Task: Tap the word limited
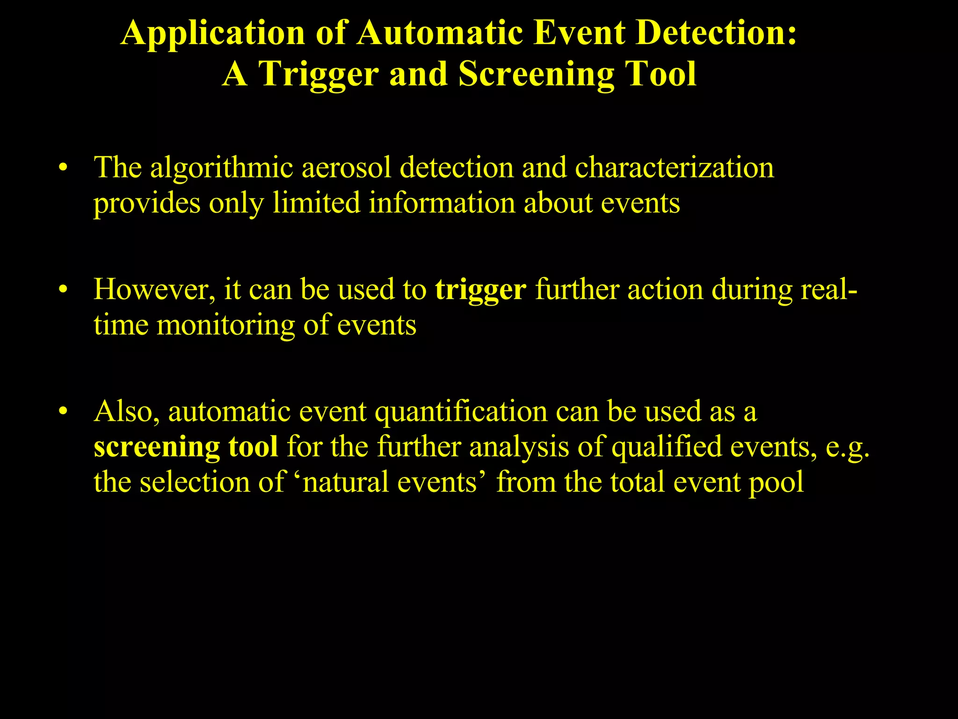coord(316,203)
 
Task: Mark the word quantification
coord(461,412)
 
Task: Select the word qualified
coord(666,447)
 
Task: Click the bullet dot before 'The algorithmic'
coord(63,168)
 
